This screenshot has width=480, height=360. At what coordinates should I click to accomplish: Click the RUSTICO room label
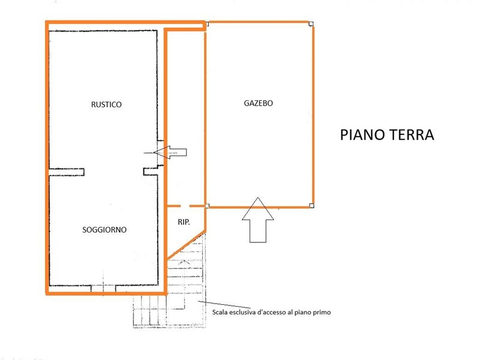(x=106, y=104)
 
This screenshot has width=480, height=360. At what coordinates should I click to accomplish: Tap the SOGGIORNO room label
(x=104, y=230)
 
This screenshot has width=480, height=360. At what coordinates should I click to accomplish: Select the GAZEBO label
(x=258, y=103)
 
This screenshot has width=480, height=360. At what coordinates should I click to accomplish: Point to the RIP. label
(x=184, y=222)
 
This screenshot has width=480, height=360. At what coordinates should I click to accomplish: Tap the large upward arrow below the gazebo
(x=258, y=220)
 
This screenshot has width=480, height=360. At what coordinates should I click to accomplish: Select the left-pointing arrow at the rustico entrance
(x=170, y=152)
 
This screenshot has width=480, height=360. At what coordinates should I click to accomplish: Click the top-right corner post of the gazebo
(x=311, y=24)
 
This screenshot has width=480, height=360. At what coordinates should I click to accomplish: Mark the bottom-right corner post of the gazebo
(x=311, y=206)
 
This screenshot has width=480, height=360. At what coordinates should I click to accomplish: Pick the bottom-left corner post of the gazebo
(x=207, y=206)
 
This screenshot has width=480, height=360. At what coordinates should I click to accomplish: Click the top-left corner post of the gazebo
(x=207, y=24)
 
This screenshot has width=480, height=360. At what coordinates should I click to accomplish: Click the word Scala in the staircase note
(x=220, y=313)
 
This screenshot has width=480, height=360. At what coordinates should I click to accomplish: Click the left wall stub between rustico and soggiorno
(x=67, y=172)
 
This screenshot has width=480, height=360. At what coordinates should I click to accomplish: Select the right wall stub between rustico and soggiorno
(x=151, y=172)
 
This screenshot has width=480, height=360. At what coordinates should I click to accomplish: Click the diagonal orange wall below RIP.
(x=186, y=245)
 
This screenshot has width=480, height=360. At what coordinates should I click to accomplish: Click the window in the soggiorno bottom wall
(x=103, y=289)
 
